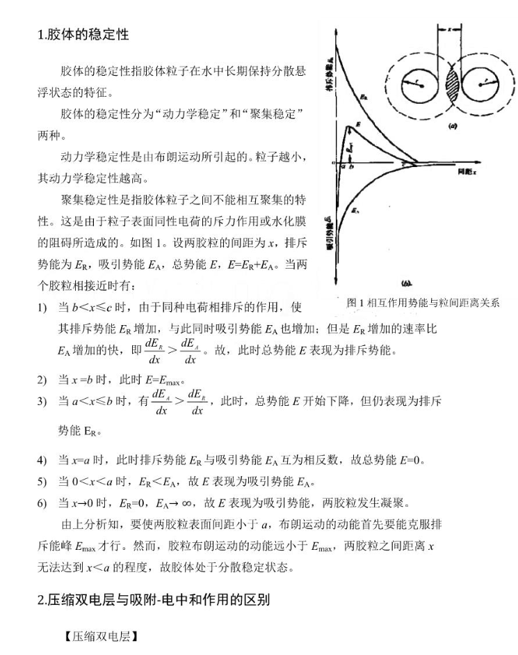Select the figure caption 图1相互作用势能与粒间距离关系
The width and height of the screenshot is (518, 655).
click(423, 302)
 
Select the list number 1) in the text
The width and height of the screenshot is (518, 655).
click(42, 307)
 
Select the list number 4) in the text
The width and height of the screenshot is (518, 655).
click(42, 460)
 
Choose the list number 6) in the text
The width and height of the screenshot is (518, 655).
click(42, 503)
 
